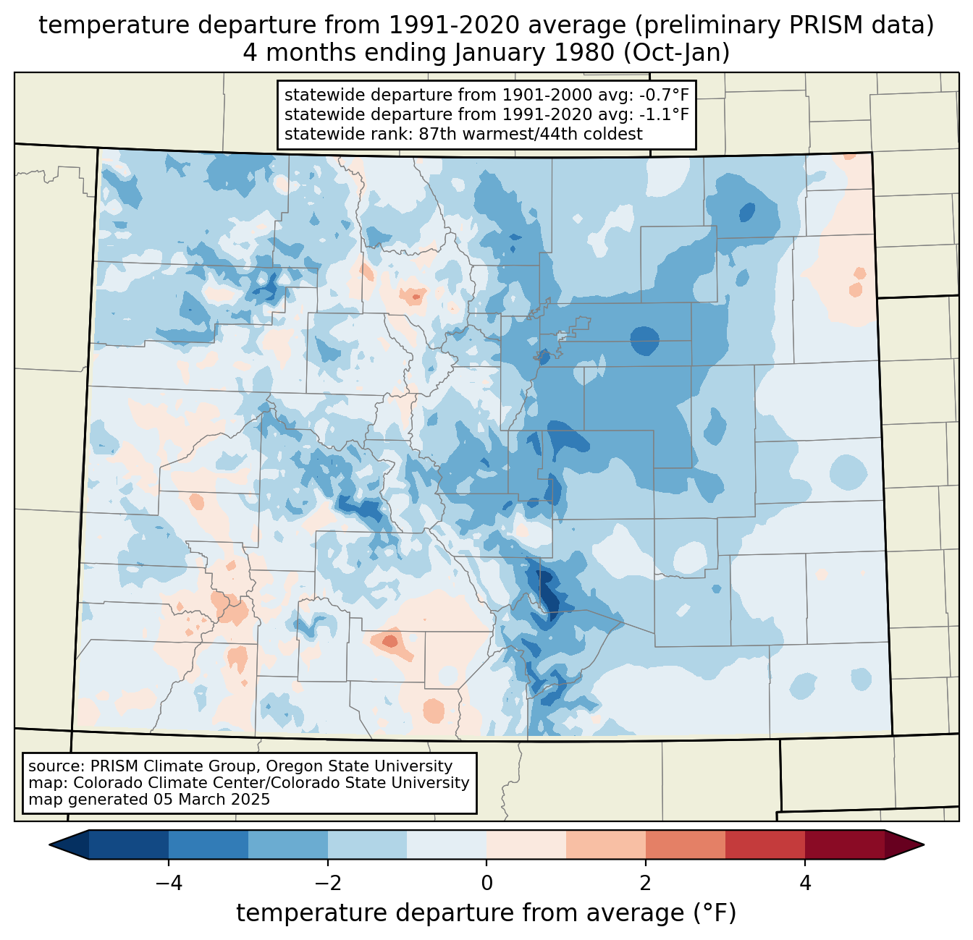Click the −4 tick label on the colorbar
coord(169,884)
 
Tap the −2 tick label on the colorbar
coord(328,884)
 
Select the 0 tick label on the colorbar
coord(486,884)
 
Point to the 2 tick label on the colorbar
coord(646,884)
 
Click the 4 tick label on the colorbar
coord(805,884)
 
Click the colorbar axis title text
coord(486,913)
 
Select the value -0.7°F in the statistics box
coord(665,95)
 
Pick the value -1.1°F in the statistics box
coord(665,114)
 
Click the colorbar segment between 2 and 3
coord(686,844)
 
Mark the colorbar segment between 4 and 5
coord(845,844)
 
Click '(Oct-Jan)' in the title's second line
coord(676,53)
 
